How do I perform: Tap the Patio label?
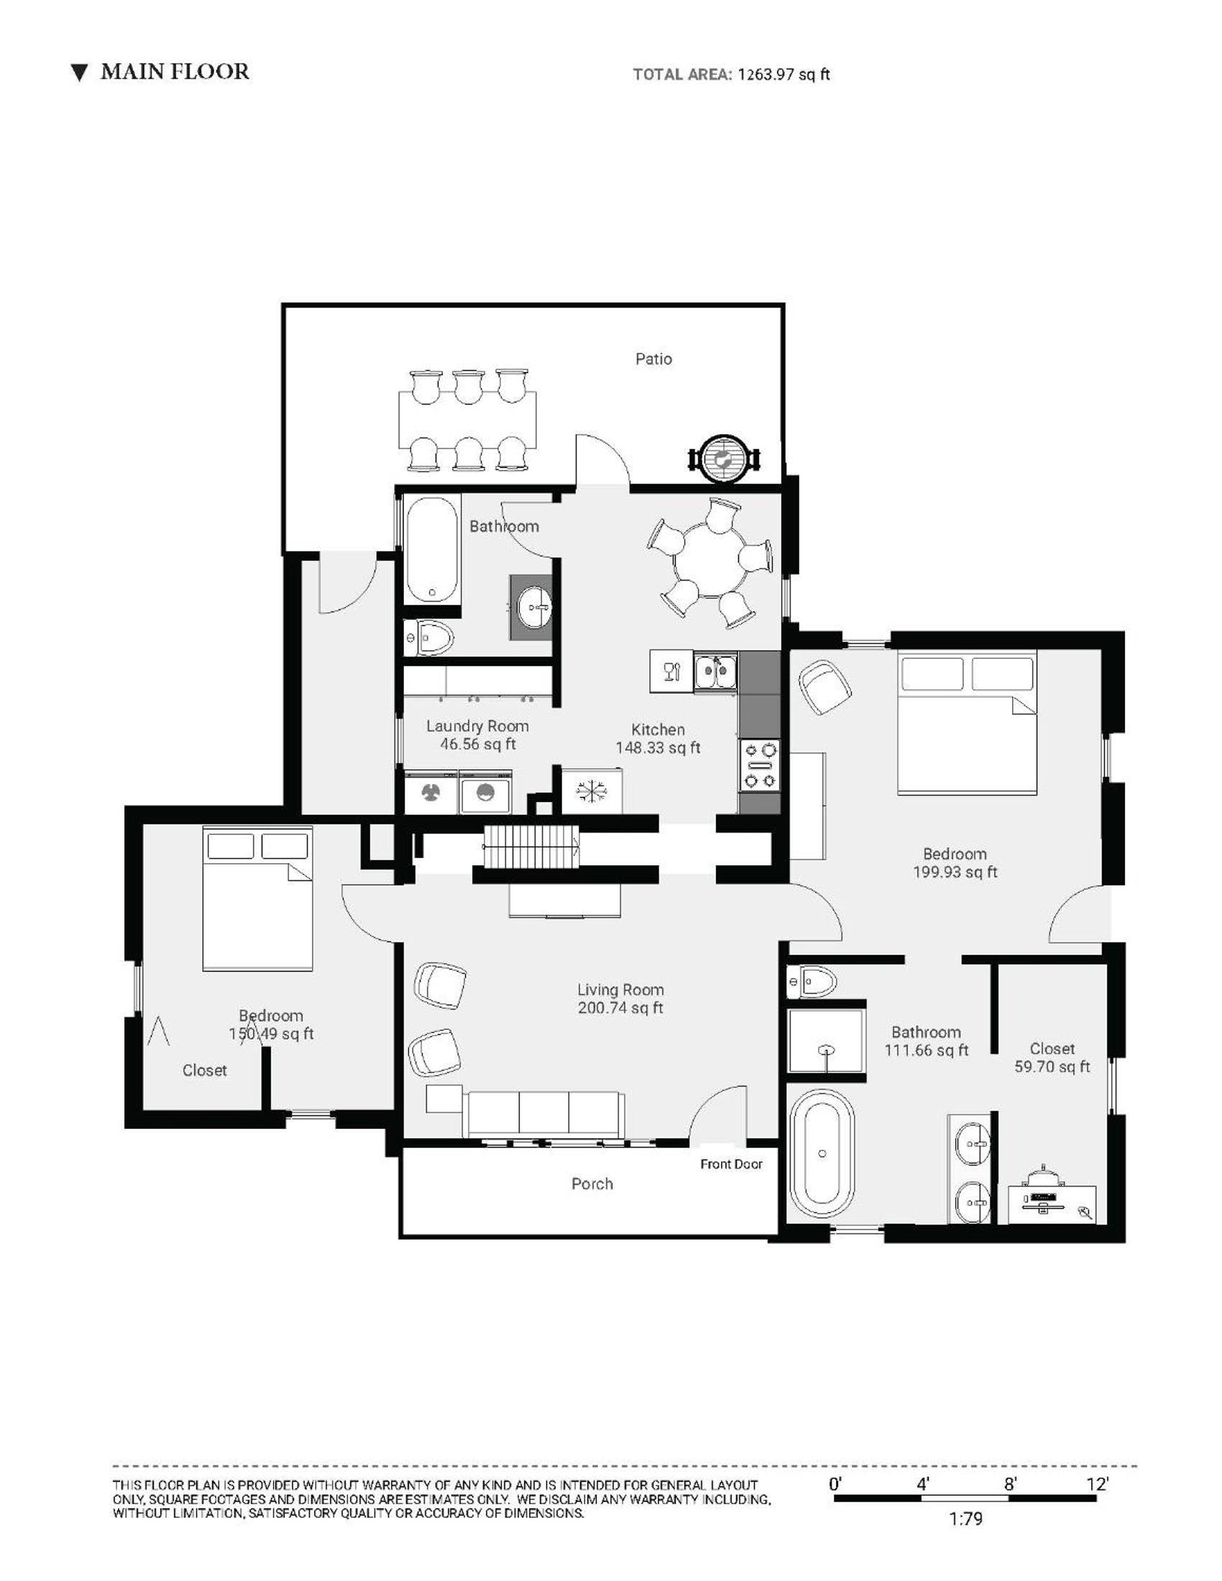[x=653, y=359]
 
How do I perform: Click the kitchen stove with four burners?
[x=759, y=765]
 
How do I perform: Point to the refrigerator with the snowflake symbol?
[x=591, y=791]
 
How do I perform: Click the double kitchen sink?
[x=716, y=672]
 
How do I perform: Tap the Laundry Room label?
[x=477, y=726]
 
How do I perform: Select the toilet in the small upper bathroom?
[x=428, y=638]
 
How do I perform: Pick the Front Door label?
[x=731, y=1164]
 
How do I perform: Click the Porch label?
[x=592, y=1184]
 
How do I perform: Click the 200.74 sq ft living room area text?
[x=620, y=1008]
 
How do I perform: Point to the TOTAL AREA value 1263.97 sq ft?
[x=784, y=74]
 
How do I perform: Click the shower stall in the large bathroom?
[x=826, y=1041]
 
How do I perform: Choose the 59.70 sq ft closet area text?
[x=1052, y=1066]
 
